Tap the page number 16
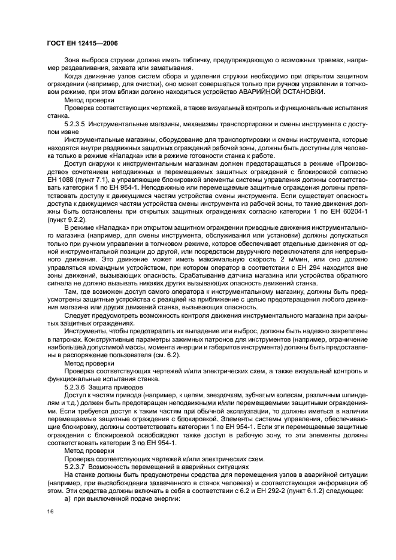pyautogui.click(x=51, y=512)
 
